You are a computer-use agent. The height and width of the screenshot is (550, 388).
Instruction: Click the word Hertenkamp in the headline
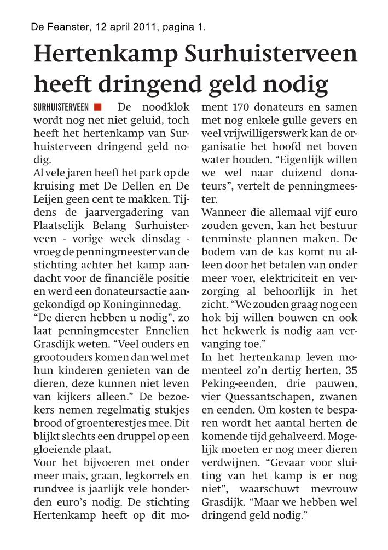coord(105,55)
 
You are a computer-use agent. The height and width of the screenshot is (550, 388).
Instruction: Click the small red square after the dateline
coord(98,106)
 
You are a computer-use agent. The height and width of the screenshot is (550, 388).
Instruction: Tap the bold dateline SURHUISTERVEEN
coord(61,107)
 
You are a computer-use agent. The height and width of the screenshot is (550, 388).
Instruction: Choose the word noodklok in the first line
coord(165,106)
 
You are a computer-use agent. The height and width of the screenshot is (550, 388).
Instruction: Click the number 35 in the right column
coord(349,370)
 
